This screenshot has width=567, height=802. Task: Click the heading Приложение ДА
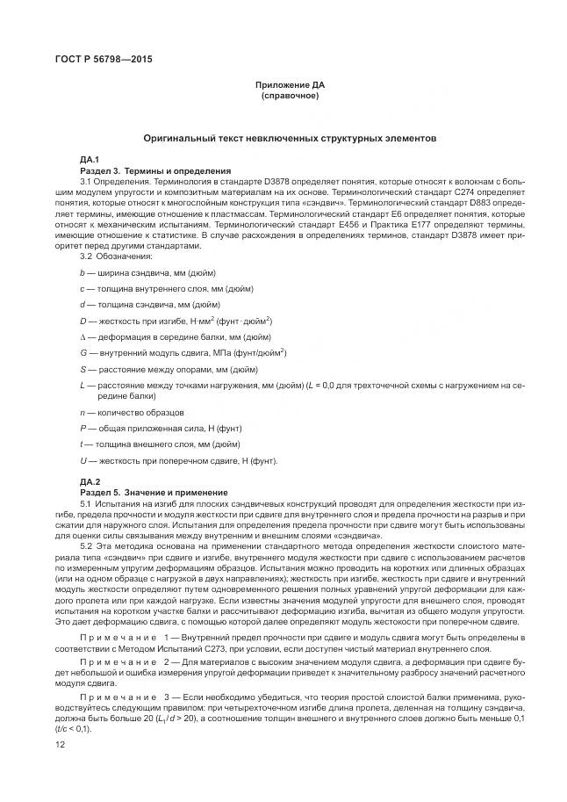pyautogui.click(x=291, y=84)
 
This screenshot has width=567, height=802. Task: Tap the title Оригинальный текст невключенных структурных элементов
pyautogui.click(x=291, y=139)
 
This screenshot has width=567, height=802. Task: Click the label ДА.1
pyautogui.click(x=90, y=159)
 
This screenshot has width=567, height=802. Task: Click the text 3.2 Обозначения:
pyautogui.click(x=116, y=256)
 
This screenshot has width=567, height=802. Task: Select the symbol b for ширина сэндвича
pyautogui.click(x=82, y=274)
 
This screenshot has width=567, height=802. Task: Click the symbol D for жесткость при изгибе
pyautogui.click(x=83, y=322)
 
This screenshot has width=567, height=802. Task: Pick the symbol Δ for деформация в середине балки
pyautogui.click(x=82, y=337)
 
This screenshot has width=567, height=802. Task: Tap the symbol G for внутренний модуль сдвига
pyautogui.click(x=83, y=353)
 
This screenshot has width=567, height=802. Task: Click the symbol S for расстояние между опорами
pyautogui.click(x=82, y=369)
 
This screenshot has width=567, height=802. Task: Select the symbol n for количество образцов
pyautogui.click(x=82, y=412)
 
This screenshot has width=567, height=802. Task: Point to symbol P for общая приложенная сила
pyautogui.click(x=82, y=428)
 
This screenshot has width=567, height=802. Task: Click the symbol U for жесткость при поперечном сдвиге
pyautogui.click(x=83, y=460)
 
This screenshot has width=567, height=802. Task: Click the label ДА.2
pyautogui.click(x=90, y=482)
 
